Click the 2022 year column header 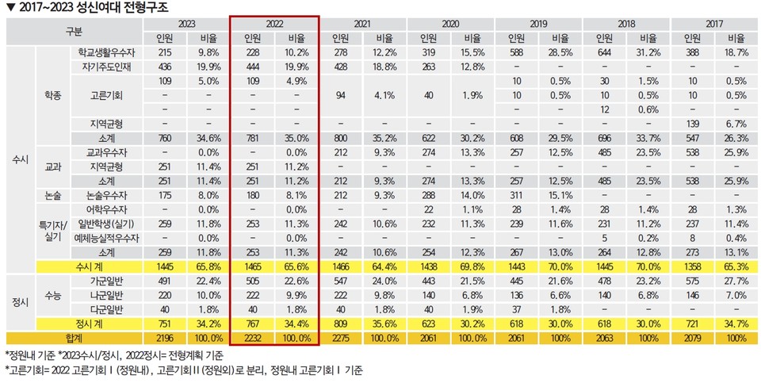pos(274,23)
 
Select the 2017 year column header pos(713,23)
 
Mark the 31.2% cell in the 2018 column pos(649,52)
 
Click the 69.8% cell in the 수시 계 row pos(472,266)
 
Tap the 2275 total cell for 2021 pos(340,338)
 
